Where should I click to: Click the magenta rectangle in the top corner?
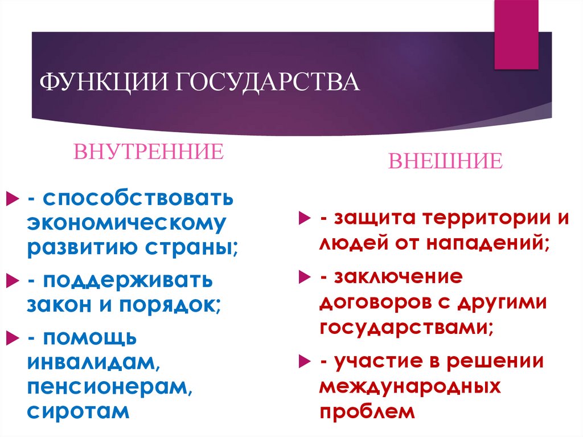(516, 34)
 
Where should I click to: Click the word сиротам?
(78, 411)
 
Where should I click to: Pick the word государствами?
(406, 328)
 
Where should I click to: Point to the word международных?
(410, 386)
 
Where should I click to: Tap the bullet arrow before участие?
(306, 361)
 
